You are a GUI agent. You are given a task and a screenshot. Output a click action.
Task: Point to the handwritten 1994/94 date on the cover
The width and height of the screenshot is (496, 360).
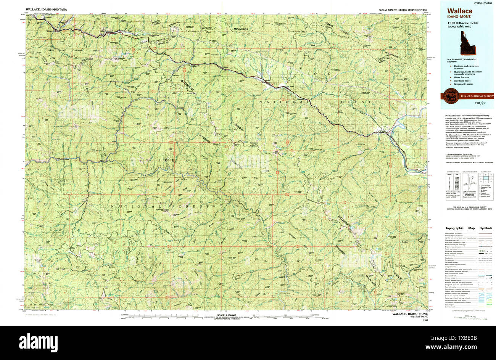(x=480, y=104)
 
